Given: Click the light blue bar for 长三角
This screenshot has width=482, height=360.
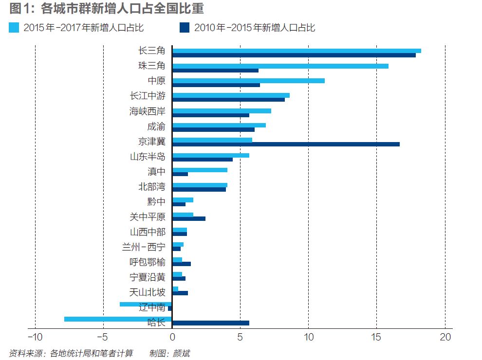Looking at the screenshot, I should tap(297, 51).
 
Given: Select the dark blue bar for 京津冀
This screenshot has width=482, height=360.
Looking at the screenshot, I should tap(286, 144).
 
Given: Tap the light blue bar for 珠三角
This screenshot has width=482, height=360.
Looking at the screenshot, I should tap(280, 66).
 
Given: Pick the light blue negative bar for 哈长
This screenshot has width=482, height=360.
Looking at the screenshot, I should tap(118, 319).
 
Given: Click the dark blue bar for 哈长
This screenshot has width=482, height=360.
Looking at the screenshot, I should tap(211, 323).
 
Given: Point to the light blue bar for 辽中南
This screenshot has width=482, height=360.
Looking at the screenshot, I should tap(146, 304).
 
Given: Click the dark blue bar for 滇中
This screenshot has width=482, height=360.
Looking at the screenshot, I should tap(180, 174).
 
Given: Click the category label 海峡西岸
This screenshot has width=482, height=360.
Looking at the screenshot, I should tap(147, 111).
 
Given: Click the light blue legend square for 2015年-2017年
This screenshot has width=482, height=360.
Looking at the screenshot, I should tap(14, 27).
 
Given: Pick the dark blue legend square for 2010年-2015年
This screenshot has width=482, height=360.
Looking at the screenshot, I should tap(185, 27).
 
